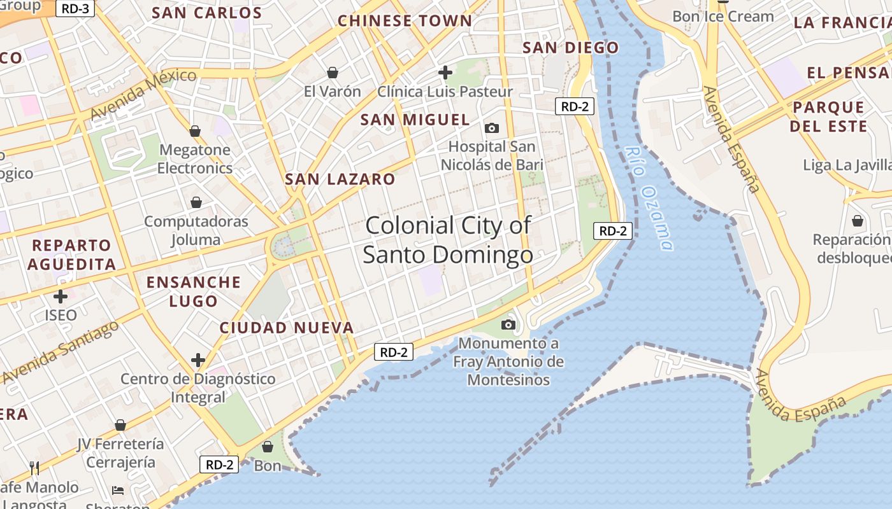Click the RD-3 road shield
click(76, 9)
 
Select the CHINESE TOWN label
click(405, 21)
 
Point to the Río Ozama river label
click(649, 199)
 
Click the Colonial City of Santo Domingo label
click(448, 240)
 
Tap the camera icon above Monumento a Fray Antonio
click(508, 325)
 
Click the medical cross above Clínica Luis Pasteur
click(445, 73)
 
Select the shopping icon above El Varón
click(332, 73)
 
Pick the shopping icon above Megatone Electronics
click(195, 131)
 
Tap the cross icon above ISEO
click(61, 296)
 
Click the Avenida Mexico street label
click(143, 94)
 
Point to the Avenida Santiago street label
click(61, 352)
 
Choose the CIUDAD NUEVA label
click(286, 328)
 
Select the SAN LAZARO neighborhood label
click(340, 179)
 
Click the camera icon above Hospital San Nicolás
click(491, 129)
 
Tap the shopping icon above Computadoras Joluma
click(196, 202)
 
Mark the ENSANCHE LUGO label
click(194, 291)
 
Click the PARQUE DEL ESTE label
click(828, 116)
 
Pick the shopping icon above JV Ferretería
click(120, 425)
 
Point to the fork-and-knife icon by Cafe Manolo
click(34, 468)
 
